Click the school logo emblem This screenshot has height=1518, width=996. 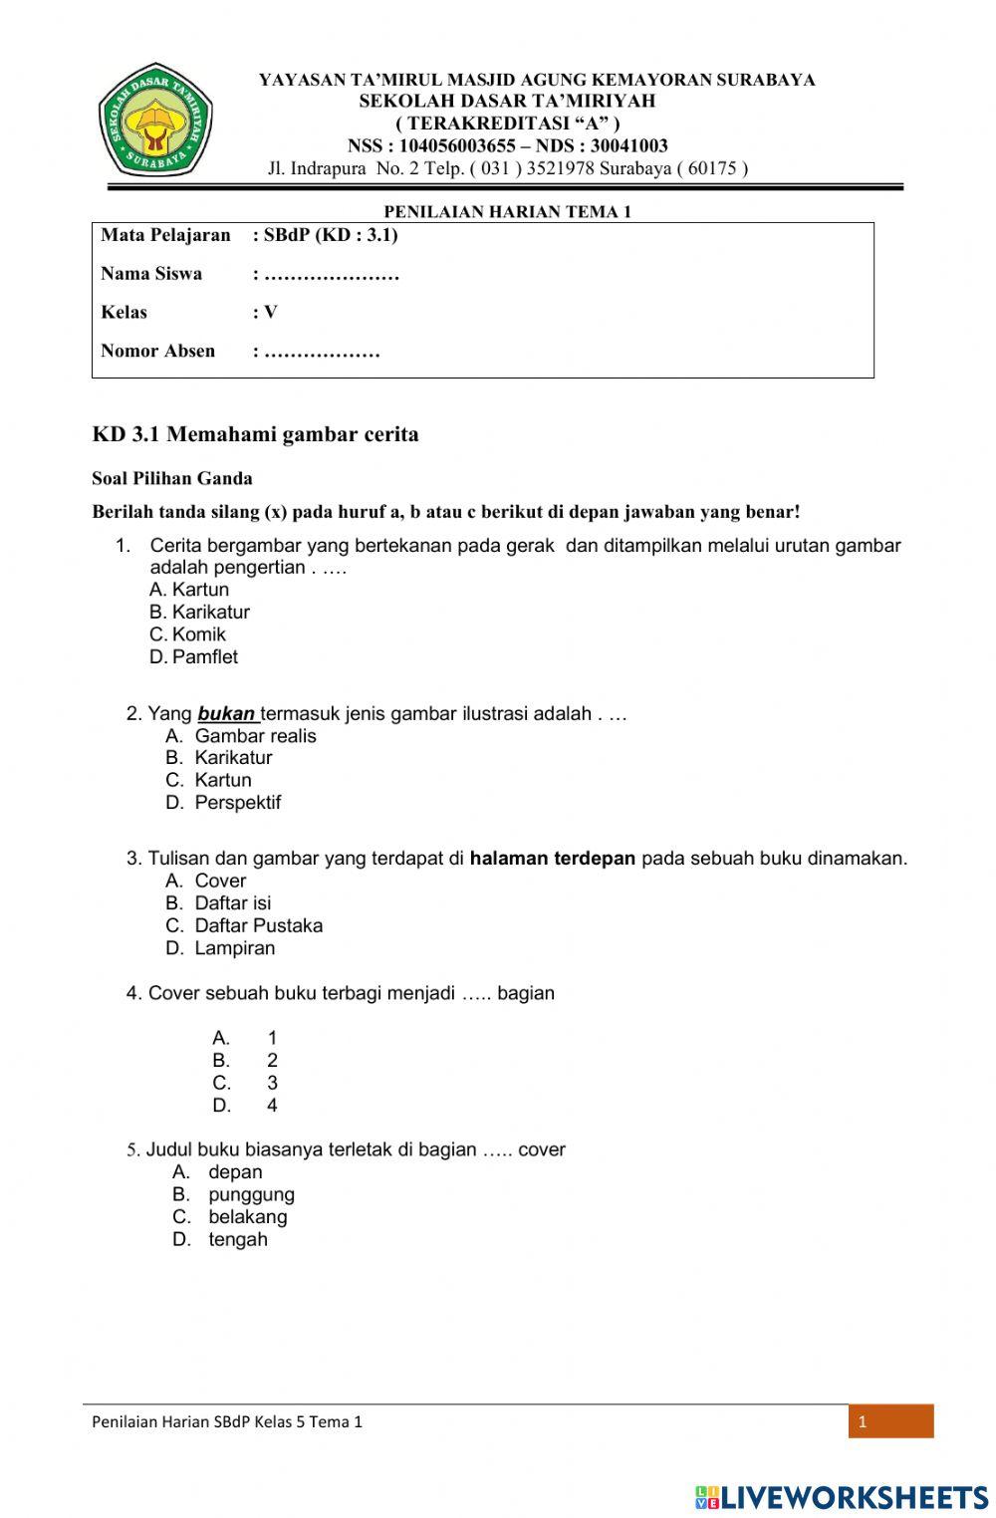tap(155, 120)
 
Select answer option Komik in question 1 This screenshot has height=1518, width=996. tap(198, 634)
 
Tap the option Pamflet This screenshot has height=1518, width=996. tap(204, 657)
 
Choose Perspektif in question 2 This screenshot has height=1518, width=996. tap(237, 803)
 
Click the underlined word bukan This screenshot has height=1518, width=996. tap(227, 714)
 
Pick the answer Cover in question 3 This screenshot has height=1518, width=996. tap(220, 882)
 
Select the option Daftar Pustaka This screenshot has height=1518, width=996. tap(258, 926)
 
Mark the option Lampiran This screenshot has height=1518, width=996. tap(235, 948)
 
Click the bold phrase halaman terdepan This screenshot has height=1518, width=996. tap(552, 859)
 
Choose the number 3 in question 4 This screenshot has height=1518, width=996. tap(272, 1084)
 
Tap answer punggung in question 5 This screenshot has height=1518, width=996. tap(251, 1194)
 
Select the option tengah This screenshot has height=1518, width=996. tap(238, 1240)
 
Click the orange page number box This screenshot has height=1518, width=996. tap(890, 1421)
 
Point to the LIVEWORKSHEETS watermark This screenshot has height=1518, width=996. tap(842, 1497)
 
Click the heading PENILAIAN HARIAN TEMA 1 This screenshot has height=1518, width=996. tap(508, 211)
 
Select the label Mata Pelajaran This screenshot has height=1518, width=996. tap(165, 235)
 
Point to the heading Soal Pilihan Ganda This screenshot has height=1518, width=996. tap(172, 478)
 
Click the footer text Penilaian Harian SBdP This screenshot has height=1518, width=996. tap(227, 1421)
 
